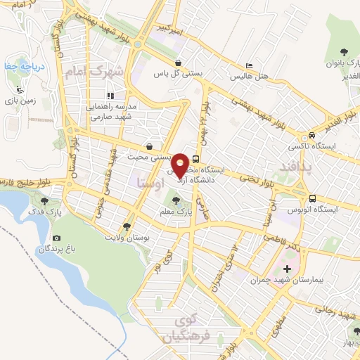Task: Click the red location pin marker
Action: pyautogui.click(x=180, y=165)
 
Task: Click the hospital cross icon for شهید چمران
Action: pyautogui.click(x=287, y=269)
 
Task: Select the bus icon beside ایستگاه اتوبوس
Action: pyautogui.click(x=312, y=198)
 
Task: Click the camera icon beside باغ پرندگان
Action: pyautogui.click(x=57, y=240)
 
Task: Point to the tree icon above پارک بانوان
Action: pyautogui.click(x=344, y=52)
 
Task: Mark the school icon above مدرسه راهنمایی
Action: pyautogui.click(x=110, y=95)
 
